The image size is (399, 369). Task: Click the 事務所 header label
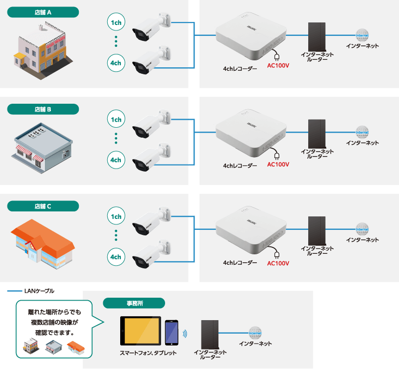tap(134, 303)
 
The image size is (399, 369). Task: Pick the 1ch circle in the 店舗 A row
tap(116, 23)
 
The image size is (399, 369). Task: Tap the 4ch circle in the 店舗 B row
tap(116, 160)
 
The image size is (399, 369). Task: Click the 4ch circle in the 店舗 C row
tap(116, 257)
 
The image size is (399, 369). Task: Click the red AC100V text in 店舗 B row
tap(278, 164)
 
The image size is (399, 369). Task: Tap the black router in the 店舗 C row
tap(317, 230)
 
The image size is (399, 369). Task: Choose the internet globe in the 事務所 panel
tap(255, 333)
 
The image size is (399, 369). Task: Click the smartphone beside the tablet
tap(172, 332)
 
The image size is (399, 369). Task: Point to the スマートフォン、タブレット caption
tap(148, 353)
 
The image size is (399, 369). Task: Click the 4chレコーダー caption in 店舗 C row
tap(240, 262)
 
